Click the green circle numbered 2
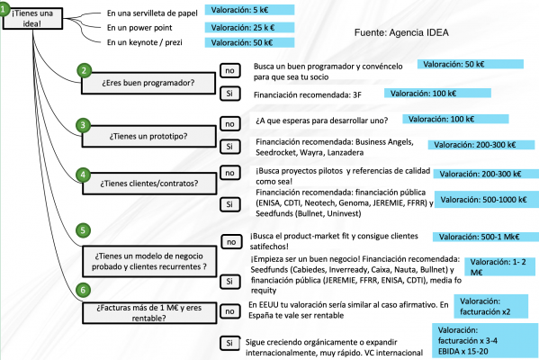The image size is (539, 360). coord(84,71)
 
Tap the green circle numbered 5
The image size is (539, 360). coord(84,231)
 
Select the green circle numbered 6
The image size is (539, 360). coord(84,289)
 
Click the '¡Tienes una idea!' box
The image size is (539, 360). coord(27,19)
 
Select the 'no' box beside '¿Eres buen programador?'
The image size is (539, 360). coord(229,70)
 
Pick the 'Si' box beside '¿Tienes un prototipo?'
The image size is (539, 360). coord(229,146)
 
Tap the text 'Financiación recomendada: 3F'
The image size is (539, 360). coord(301,94)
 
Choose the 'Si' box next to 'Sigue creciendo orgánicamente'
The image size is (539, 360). coord(229,343)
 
